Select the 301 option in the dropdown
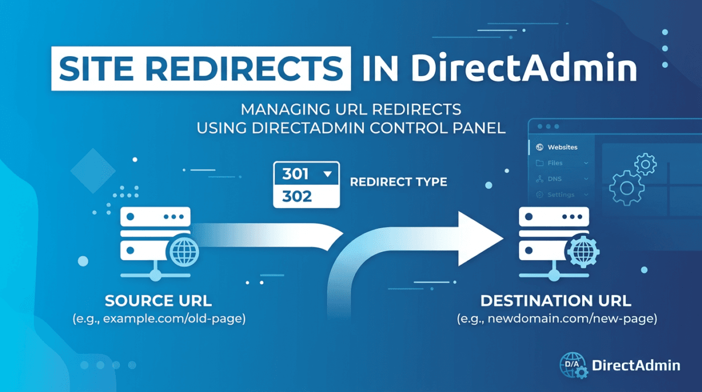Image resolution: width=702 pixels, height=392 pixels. (x=297, y=174)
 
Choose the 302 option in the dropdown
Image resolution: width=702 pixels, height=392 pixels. (x=297, y=197)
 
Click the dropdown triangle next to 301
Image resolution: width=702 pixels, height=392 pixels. (x=326, y=174)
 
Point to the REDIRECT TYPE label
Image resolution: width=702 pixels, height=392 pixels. (x=398, y=182)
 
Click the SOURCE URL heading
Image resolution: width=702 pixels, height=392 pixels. (x=158, y=301)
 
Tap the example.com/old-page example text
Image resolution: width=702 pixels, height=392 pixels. (x=158, y=319)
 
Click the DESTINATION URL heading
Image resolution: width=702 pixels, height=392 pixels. (x=555, y=301)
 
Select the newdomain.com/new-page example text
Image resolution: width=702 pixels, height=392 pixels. (x=555, y=319)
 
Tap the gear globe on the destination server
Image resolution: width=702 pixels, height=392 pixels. (x=582, y=252)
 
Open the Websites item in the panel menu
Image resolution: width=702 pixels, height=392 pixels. (x=562, y=147)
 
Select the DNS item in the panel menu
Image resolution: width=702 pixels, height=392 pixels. (x=555, y=179)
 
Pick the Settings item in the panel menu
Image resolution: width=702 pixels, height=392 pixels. (x=560, y=195)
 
